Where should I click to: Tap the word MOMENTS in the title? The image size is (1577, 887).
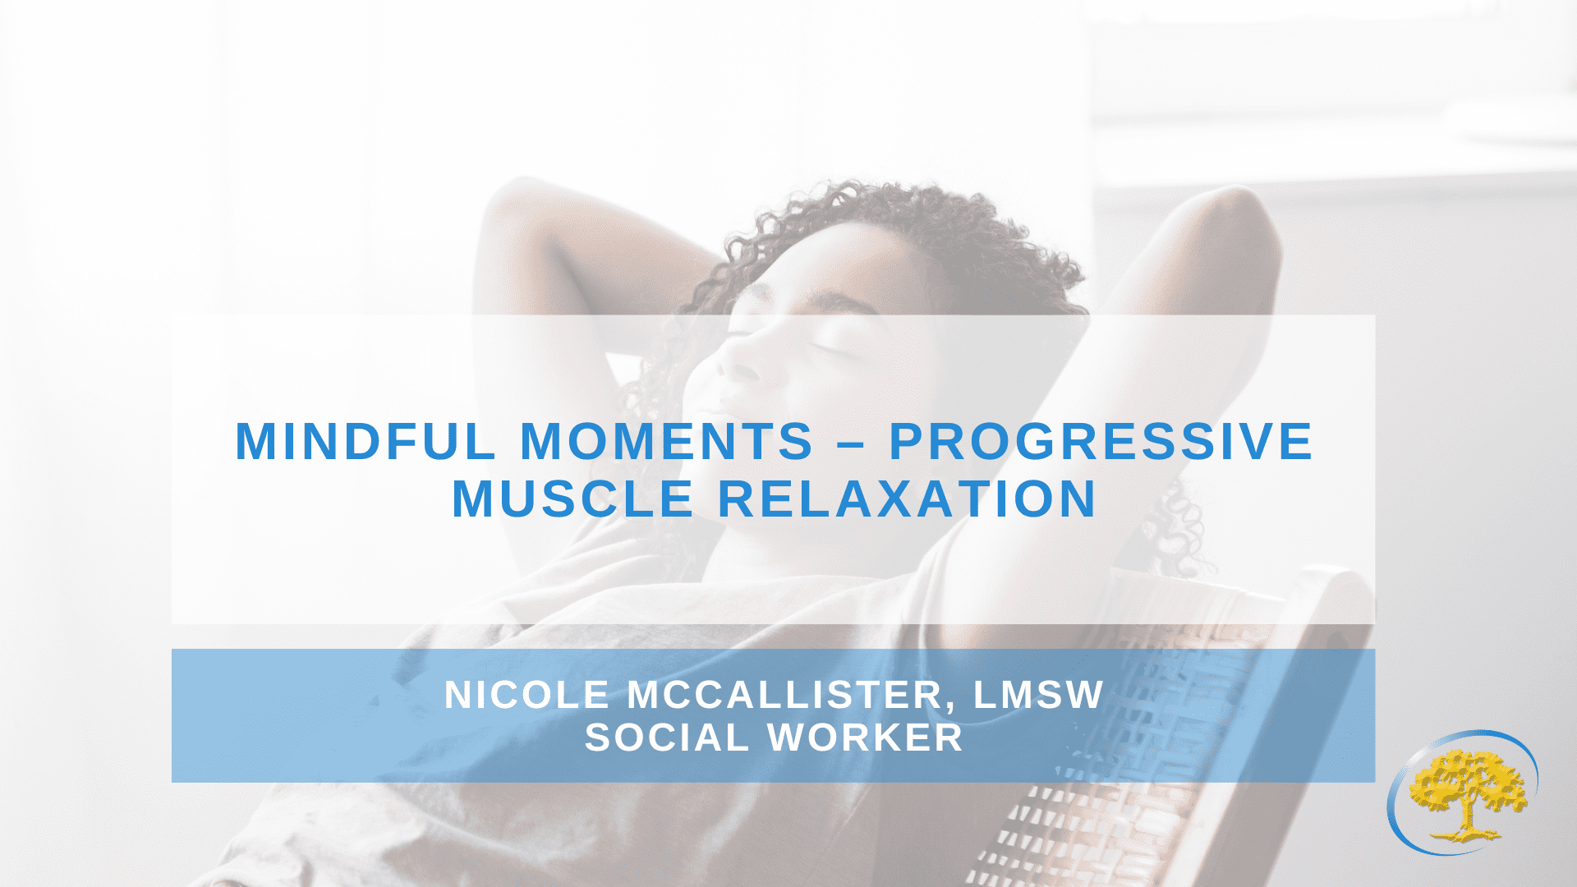point(667,442)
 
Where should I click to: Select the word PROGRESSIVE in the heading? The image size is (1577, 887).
point(1101,442)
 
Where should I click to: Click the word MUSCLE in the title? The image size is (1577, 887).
point(573,499)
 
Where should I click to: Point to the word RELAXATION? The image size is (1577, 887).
point(908,499)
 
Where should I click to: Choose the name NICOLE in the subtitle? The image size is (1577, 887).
point(526,695)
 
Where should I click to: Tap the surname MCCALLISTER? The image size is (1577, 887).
point(785,695)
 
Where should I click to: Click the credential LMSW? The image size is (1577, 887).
point(1039,695)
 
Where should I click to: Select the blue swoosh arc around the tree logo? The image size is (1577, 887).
point(1396,821)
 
